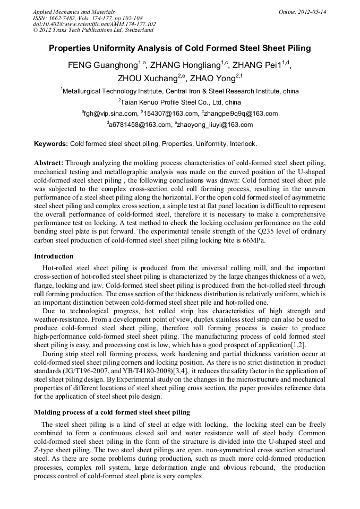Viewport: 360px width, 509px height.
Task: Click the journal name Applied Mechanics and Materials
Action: click(74, 12)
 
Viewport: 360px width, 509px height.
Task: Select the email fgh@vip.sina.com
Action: click(110, 114)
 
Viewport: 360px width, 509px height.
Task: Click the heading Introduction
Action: click(54, 256)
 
